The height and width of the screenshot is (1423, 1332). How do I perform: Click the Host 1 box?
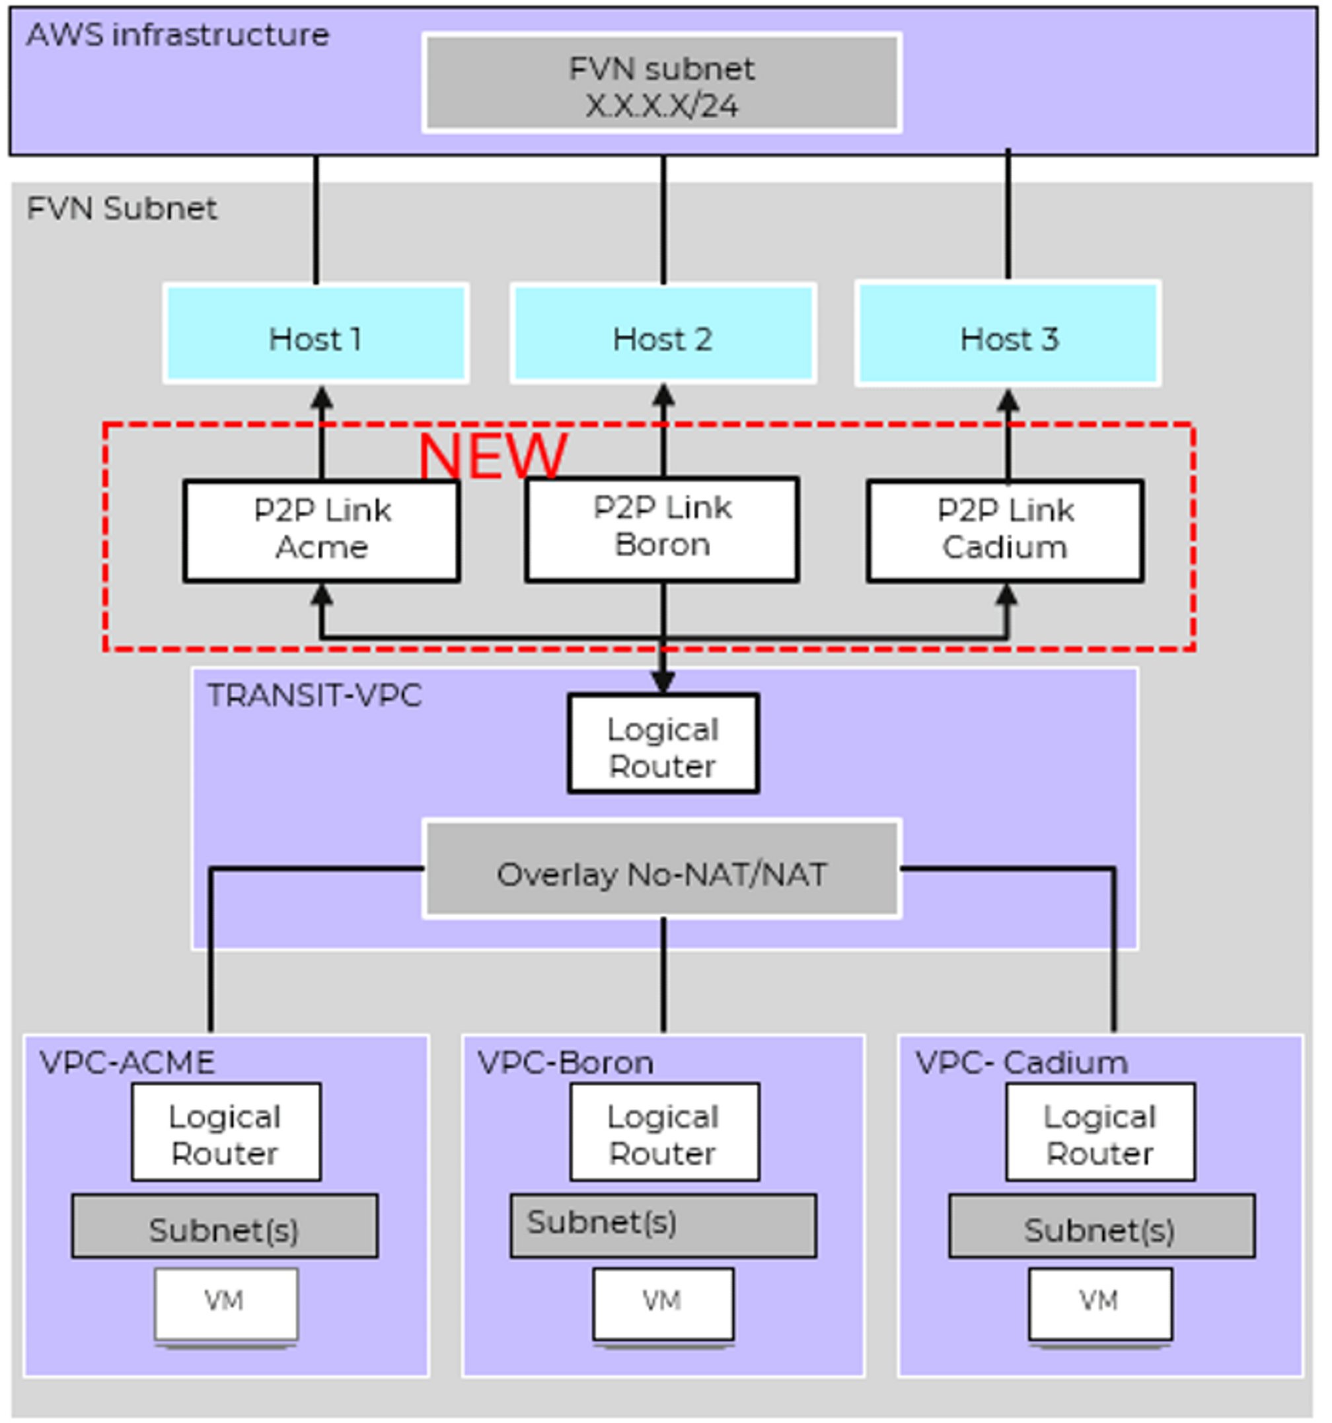point(316,334)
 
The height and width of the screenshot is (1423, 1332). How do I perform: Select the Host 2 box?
point(663,334)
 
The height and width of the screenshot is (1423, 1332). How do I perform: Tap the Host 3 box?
point(1008,334)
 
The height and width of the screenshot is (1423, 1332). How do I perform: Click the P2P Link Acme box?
point(321,530)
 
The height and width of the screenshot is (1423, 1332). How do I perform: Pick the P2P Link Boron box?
point(662,529)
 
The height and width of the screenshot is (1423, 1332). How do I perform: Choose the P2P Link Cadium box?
point(1005,530)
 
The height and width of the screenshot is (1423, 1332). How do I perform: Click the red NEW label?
point(492,456)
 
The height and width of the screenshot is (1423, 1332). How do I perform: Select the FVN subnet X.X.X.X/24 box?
point(662,83)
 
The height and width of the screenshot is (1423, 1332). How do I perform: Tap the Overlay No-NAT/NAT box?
point(662,868)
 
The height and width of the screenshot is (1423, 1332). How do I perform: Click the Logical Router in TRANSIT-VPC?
point(663,744)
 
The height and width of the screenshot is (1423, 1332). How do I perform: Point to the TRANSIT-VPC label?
point(314,695)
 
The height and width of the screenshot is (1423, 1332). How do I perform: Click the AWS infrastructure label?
point(178,34)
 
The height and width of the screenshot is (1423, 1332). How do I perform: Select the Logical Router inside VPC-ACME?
point(226,1132)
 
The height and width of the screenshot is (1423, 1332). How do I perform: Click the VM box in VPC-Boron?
point(663,1303)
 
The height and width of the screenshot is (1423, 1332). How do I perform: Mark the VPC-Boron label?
point(565,1063)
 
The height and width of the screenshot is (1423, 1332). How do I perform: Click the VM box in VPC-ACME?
point(226,1303)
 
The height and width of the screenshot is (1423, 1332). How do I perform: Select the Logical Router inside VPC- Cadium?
point(1100,1132)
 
